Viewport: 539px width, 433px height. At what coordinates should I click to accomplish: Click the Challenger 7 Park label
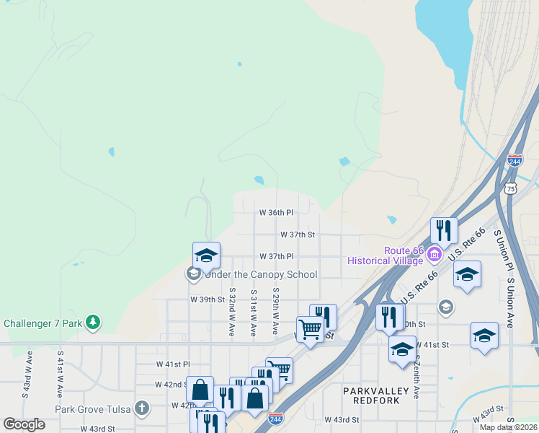coord(43,323)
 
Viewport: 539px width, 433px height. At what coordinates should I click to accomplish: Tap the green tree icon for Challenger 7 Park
coord(93,322)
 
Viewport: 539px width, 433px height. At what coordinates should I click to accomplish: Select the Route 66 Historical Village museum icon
coord(434,254)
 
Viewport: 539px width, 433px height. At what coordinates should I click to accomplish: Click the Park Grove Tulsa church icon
coord(142,408)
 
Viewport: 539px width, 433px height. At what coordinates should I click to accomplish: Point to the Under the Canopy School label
coord(261,274)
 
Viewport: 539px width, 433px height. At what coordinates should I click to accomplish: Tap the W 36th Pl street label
coord(276,213)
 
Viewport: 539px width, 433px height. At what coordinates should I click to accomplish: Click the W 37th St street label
coord(298,235)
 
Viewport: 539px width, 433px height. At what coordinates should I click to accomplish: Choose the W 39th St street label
coord(208,299)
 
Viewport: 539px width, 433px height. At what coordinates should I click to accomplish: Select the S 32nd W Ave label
coord(232,312)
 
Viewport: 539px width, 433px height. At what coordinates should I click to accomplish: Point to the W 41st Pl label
coord(173,364)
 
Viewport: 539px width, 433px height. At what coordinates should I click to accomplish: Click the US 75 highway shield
coord(510,188)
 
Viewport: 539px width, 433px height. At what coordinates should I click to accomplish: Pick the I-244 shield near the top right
coord(514,162)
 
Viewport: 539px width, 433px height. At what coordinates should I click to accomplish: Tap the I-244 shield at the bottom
coord(275,418)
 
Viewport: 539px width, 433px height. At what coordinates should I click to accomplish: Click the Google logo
coord(24,424)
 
